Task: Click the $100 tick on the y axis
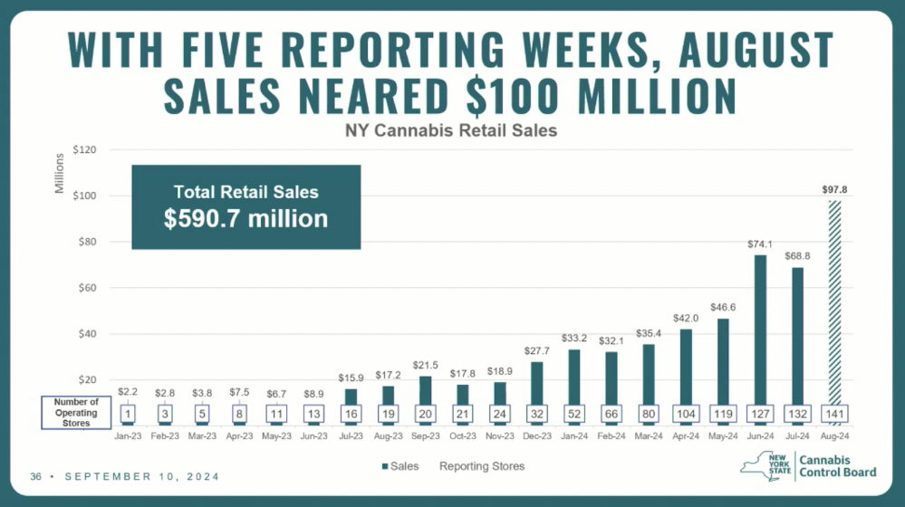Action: point(83,196)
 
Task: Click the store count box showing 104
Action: point(687,412)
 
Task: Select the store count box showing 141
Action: point(834,412)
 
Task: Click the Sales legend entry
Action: point(402,466)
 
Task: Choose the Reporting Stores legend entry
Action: point(482,466)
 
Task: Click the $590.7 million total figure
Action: point(246,218)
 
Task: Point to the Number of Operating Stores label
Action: point(76,412)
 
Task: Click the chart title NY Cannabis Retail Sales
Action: point(451,130)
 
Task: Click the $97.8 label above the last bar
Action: point(834,189)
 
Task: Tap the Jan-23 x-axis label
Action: point(129,436)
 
